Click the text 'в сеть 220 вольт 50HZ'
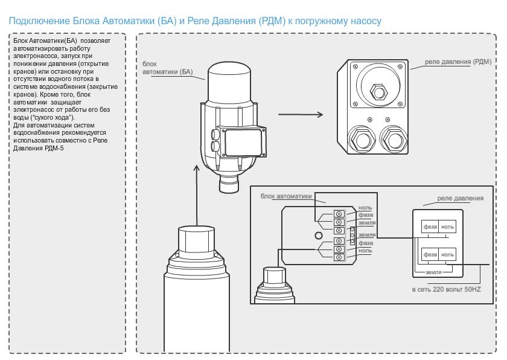pos(447,290)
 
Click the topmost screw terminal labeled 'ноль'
pos(339,213)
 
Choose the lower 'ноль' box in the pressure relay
pos(447,254)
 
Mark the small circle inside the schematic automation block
pos(317,235)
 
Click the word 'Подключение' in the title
pos(36,21)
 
